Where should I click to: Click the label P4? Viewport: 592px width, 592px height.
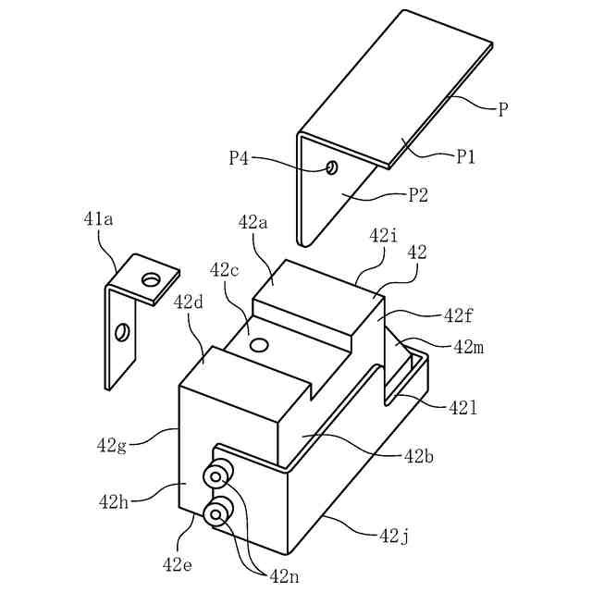coord(239,158)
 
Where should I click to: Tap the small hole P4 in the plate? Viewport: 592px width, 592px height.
coord(333,167)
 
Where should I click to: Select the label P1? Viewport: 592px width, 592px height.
coord(465,156)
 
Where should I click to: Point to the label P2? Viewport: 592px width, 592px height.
coord(418,195)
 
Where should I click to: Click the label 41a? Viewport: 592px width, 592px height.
coord(99,219)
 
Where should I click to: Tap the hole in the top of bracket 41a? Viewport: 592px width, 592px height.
coord(151,279)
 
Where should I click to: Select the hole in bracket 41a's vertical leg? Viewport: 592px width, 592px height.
coord(122,332)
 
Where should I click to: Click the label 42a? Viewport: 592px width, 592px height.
coord(253,222)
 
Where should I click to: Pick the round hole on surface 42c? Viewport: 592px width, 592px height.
coord(260,344)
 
